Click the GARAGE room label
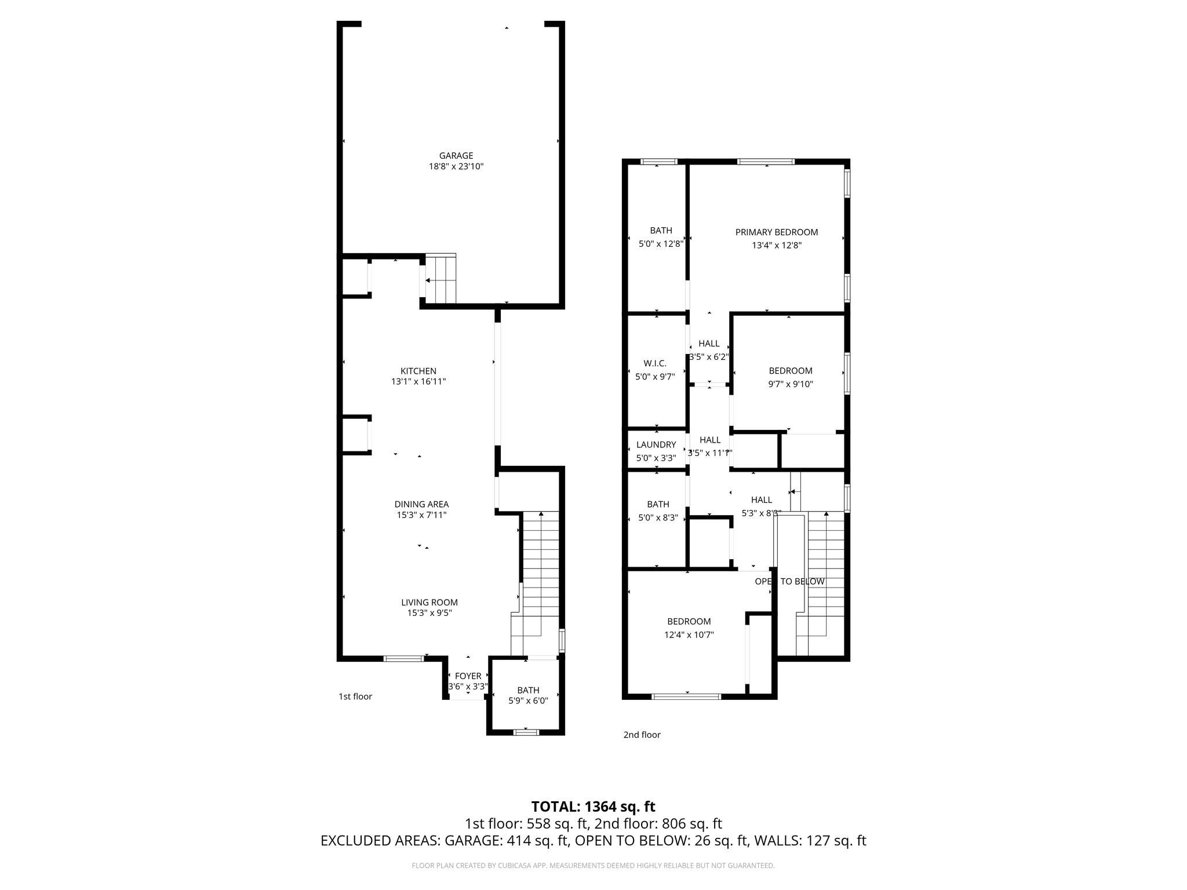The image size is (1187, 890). coord(456,155)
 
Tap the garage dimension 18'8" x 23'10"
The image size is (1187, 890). coord(456,167)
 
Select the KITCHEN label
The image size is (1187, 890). coord(418,371)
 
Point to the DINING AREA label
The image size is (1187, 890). coord(421,504)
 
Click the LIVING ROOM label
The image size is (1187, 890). coord(429,602)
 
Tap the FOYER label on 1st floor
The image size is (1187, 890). coord(468,676)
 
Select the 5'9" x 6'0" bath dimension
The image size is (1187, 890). coord(528,701)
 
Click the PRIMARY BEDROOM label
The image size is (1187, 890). coord(776,232)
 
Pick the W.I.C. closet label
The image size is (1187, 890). coord(655,363)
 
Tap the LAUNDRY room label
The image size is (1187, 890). coord(656,444)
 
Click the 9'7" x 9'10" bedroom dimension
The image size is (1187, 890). coord(791,384)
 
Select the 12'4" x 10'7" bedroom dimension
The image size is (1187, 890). coord(689,634)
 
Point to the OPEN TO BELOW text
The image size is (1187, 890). coord(789,581)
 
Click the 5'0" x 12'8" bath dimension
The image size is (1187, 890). coord(661,244)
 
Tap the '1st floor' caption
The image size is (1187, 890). coord(355,696)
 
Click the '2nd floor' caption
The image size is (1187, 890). coord(642,735)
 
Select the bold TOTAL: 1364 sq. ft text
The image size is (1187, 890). coord(593,807)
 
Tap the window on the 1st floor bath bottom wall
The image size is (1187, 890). coord(526,732)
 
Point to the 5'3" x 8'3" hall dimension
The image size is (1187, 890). coord(762,513)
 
